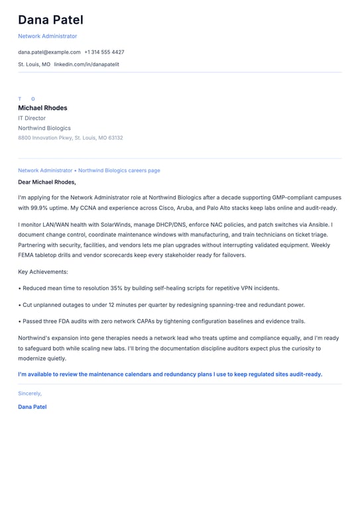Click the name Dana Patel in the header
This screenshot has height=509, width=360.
[x=50, y=20]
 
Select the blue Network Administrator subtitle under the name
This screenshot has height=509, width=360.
[x=47, y=36]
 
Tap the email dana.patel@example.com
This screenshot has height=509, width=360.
[x=49, y=52]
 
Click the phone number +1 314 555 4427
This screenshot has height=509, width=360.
[x=104, y=52]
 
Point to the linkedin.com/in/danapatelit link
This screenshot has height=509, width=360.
[x=86, y=64]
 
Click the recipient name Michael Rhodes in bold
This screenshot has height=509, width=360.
[x=42, y=108]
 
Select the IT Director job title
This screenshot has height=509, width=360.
[x=32, y=118]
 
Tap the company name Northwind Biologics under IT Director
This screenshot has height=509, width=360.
[x=44, y=128]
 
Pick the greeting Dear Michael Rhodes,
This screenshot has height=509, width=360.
[x=47, y=182]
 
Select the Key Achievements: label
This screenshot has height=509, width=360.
[x=43, y=272]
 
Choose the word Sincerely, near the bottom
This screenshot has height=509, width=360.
[x=30, y=393]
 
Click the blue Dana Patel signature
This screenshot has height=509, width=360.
[x=32, y=407]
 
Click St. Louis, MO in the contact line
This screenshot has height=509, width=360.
[x=34, y=64]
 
